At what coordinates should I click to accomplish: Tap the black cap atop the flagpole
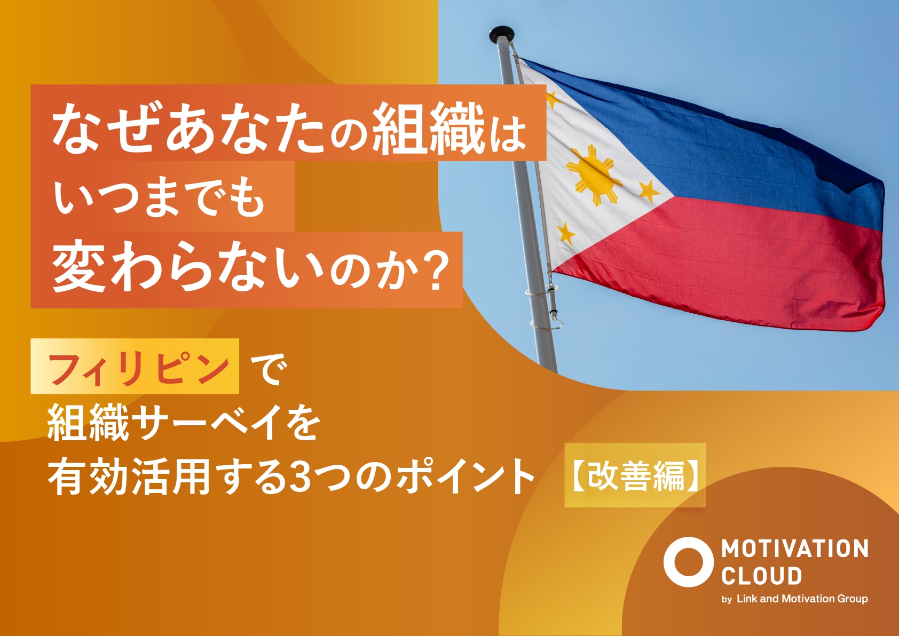pos(501,34)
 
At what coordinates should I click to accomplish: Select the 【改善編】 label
pos(635,475)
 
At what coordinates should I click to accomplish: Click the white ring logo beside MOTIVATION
pos(688,562)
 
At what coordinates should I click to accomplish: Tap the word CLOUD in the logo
pos(761,576)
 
